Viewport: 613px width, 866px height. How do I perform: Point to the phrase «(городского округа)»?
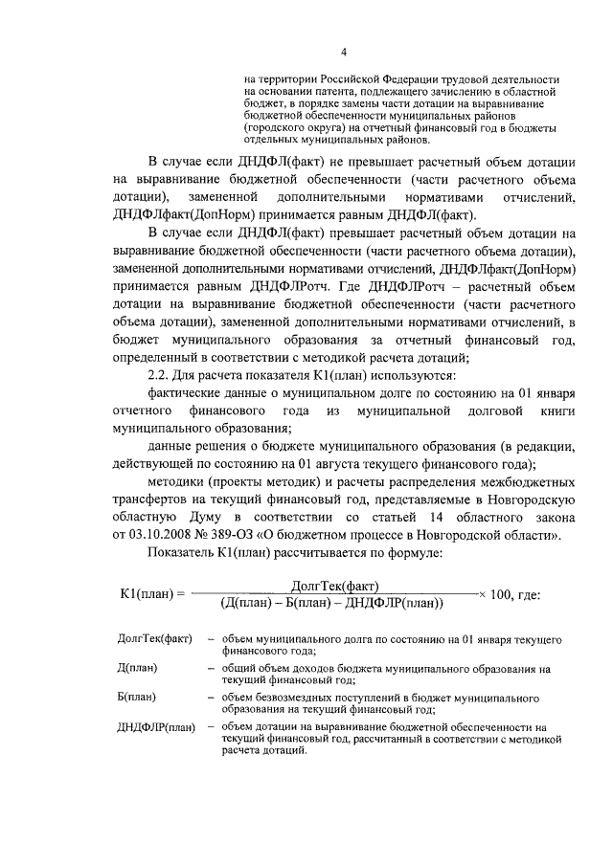pos(299,126)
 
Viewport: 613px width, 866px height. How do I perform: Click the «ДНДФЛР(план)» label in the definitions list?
pos(154,727)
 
